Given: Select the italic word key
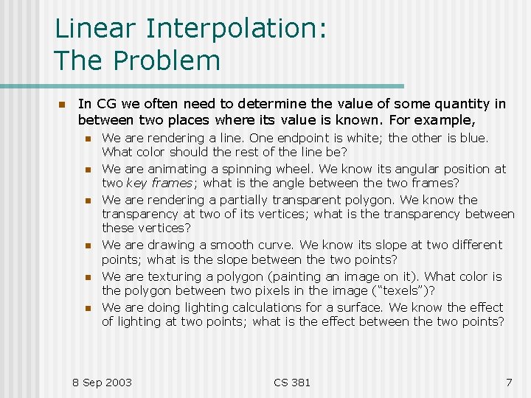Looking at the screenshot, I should pos(136,184).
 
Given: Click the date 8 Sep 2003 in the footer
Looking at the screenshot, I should pos(102,382).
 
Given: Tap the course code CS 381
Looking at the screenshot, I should pos(292,382).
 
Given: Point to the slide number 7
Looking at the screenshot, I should pos(508,382).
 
